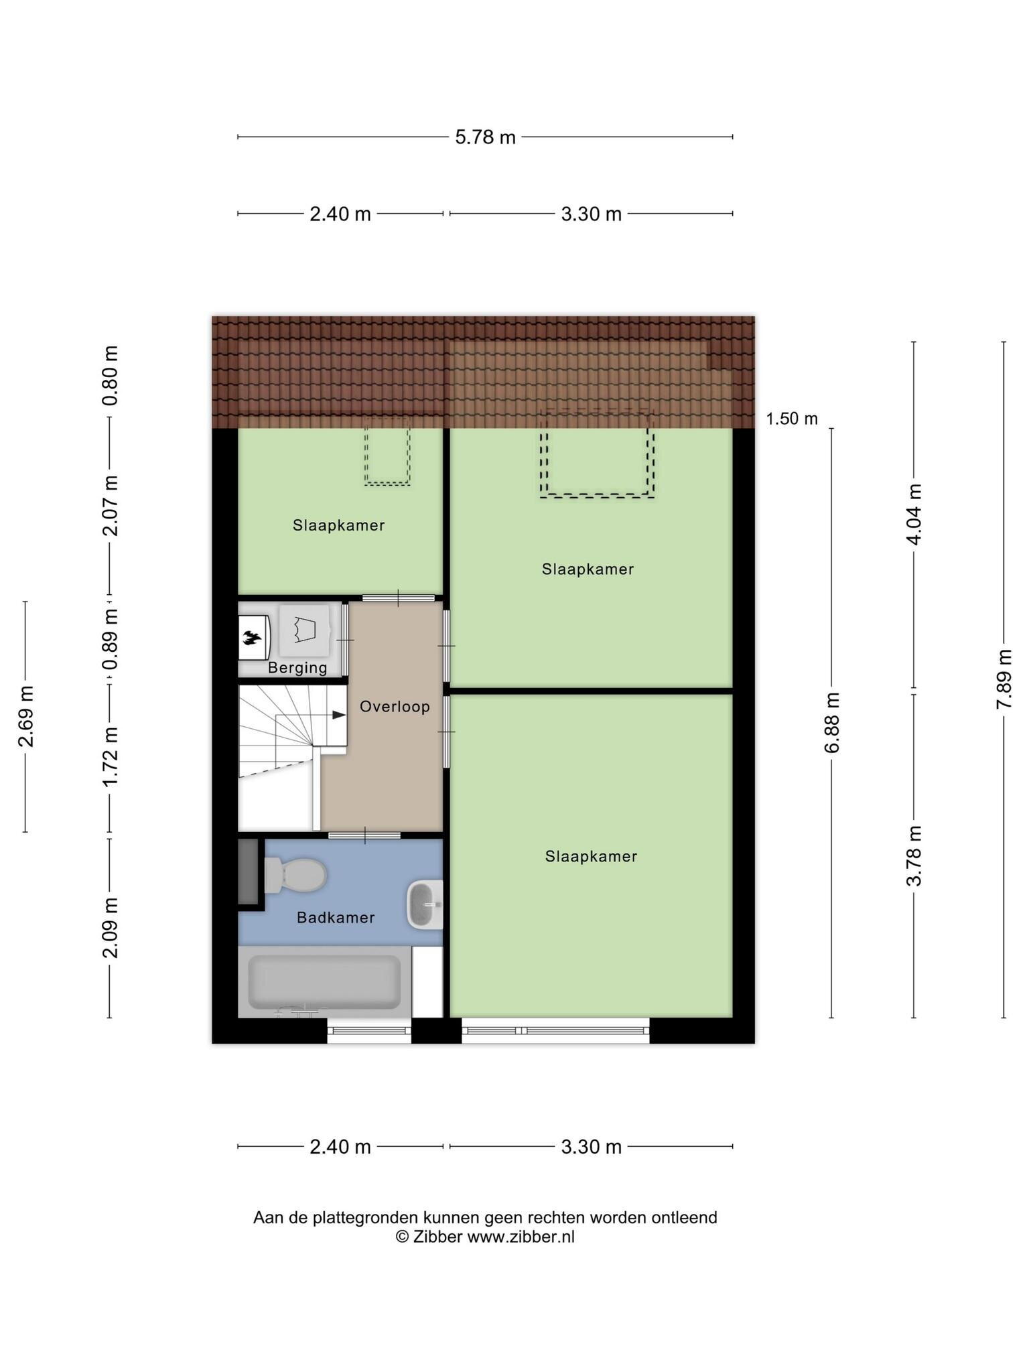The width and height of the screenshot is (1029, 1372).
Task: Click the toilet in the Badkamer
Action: click(x=295, y=876)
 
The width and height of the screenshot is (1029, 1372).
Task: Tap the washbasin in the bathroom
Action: click(x=425, y=905)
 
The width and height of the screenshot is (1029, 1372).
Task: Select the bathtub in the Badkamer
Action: click(x=325, y=982)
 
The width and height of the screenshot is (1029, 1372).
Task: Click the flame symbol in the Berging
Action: click(x=251, y=638)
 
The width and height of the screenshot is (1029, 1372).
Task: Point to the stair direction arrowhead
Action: click(x=340, y=715)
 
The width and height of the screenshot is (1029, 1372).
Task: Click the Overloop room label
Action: click(x=395, y=707)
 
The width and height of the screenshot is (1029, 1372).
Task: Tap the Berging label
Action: click(x=297, y=668)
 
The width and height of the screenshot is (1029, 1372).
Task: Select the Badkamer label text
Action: click(x=336, y=918)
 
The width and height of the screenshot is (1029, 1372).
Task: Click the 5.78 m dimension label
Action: click(x=485, y=137)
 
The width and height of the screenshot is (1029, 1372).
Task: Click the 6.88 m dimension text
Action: click(x=832, y=723)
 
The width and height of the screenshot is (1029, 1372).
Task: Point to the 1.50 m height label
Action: click(x=792, y=419)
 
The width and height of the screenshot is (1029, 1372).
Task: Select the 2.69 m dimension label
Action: click(x=25, y=716)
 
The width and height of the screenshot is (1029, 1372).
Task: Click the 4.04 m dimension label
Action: click(x=914, y=514)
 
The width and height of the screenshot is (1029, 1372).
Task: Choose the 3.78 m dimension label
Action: click(x=914, y=855)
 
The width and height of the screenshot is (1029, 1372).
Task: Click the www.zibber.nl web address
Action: click(x=521, y=1237)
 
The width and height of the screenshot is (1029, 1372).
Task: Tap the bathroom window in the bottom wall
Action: click(x=369, y=1030)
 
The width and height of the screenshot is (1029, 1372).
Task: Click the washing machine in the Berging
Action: click(x=305, y=630)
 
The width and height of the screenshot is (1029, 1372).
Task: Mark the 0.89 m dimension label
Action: click(x=111, y=639)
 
